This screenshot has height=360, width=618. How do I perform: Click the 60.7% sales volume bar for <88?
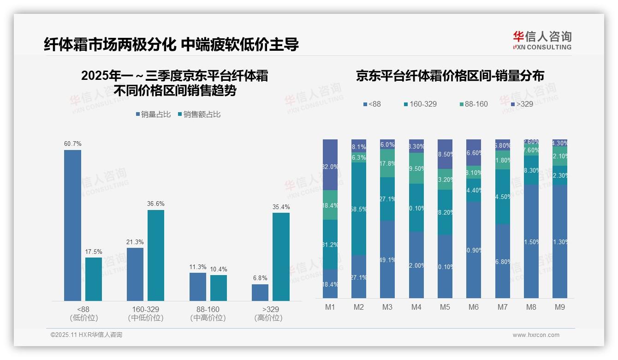[x=72, y=225]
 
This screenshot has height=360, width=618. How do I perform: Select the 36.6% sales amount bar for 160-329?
[x=156, y=255]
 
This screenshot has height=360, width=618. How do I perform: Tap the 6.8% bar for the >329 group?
[x=260, y=293]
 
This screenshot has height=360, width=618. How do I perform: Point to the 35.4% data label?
[x=281, y=207]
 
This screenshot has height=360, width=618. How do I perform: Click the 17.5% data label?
[x=94, y=252]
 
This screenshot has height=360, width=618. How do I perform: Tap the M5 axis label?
[x=445, y=307]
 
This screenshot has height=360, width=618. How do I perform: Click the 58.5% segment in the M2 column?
[x=359, y=208]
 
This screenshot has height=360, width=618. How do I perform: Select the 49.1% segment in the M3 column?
[x=387, y=259]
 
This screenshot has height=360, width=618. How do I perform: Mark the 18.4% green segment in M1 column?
[x=330, y=205]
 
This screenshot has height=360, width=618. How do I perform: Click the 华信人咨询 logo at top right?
[x=542, y=40]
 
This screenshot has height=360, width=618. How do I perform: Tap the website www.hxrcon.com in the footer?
[x=536, y=335]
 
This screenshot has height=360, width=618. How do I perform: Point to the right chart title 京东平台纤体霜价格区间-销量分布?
[x=450, y=76]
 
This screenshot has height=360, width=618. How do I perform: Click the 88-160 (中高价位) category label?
[x=208, y=313]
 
